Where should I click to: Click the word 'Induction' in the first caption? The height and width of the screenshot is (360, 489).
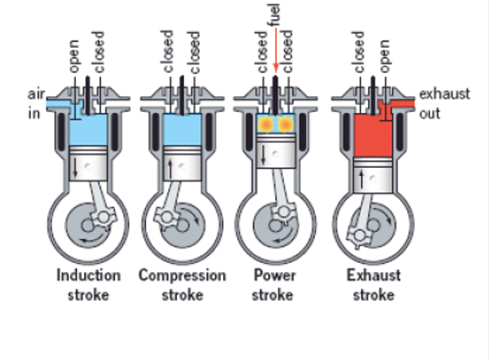tap(89, 276)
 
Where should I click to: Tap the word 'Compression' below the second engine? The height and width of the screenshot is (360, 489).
tap(182, 276)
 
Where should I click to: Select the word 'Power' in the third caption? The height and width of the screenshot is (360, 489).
tap(275, 276)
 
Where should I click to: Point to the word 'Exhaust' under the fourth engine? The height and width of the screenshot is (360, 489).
tap(374, 276)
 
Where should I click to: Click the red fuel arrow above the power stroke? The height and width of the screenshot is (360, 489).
tap(276, 50)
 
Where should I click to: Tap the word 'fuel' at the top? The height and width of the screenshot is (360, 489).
tap(274, 15)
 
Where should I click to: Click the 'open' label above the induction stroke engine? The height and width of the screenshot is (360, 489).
tap(74, 56)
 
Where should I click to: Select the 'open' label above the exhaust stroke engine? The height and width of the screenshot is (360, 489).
tap(384, 56)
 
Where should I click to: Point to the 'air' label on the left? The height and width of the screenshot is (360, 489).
tap(36, 94)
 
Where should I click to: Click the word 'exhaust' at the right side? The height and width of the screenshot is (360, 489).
tap(444, 94)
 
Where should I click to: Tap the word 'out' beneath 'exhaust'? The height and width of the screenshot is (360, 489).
tap(430, 114)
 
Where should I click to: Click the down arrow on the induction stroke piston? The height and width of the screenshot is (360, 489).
tap(75, 166)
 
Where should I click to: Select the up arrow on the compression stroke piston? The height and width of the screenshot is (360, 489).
tap(169, 168)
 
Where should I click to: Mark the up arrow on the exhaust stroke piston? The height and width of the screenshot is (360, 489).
tap(362, 179)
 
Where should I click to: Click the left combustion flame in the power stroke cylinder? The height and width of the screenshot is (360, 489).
tap(266, 125)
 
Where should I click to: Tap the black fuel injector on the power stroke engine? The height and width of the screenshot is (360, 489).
tap(275, 95)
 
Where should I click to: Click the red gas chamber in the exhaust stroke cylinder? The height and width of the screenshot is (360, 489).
tap(373, 136)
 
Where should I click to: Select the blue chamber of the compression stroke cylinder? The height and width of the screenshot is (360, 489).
tap(182, 130)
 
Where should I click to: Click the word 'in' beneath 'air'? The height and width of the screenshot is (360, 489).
tap(34, 114)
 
